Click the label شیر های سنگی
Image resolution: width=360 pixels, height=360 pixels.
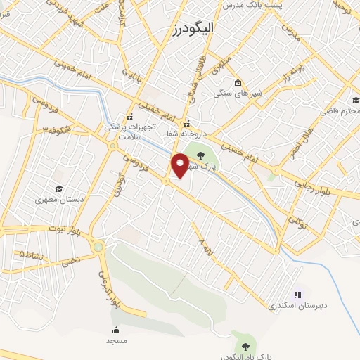click(236, 92)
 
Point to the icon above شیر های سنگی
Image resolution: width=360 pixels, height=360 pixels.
click(238, 82)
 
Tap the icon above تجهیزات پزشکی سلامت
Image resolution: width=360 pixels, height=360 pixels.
click(129, 117)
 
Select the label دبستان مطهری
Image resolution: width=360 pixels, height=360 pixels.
click(60, 200)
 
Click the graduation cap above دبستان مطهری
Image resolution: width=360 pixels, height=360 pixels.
click(60, 188)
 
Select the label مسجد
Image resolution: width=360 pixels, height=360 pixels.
click(116, 340)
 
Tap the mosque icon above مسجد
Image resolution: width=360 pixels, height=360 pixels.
click(116, 330)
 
